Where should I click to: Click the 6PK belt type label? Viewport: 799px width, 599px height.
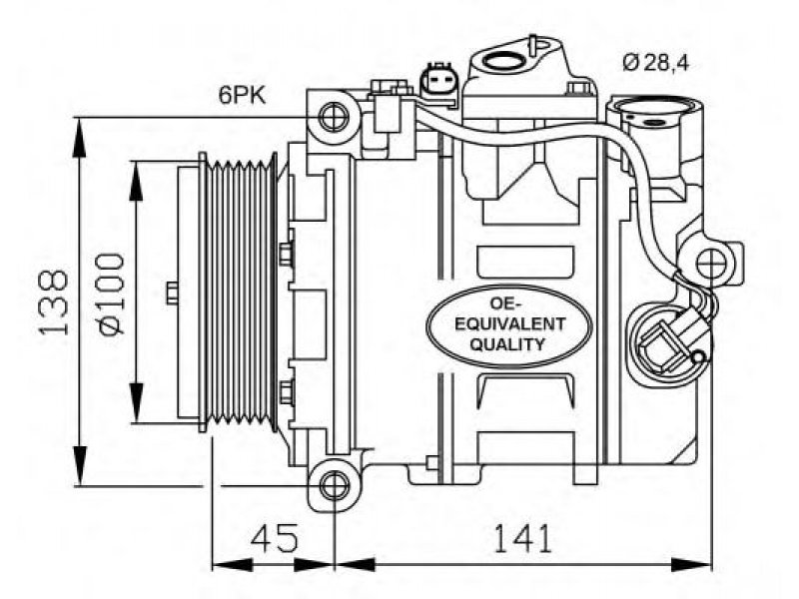(242, 95)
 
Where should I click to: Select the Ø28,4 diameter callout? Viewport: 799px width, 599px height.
(656, 63)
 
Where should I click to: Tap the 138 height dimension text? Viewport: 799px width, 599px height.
(54, 302)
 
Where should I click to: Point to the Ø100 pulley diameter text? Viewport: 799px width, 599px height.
(112, 294)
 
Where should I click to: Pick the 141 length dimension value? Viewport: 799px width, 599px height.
(522, 538)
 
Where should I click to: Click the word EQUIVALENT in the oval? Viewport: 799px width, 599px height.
(509, 323)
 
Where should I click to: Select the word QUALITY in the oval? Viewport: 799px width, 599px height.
(507, 344)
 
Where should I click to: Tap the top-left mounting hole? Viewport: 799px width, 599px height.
(334, 117)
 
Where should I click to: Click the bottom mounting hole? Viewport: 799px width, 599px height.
(335, 484)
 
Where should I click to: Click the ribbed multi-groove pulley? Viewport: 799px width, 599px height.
(238, 293)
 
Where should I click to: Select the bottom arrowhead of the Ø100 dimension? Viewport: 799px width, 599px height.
(136, 403)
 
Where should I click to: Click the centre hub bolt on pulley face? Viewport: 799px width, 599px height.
(172, 293)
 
